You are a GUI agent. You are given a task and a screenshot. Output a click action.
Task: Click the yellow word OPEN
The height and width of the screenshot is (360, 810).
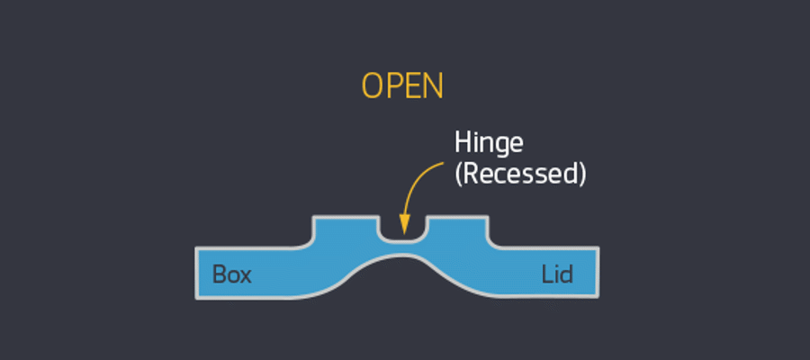point(402,85)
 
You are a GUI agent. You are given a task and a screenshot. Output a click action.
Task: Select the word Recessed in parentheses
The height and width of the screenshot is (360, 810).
point(521,174)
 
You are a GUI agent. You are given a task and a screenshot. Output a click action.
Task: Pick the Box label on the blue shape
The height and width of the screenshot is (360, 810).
point(231,274)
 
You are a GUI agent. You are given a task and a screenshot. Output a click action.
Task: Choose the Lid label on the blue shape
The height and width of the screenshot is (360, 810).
point(557,274)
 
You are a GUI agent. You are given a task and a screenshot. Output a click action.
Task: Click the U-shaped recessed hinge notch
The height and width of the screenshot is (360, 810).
point(402,229)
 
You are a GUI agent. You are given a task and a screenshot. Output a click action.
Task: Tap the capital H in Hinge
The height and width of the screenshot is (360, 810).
point(462,142)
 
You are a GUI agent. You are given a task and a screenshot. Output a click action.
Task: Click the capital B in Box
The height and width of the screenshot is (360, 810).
point(219,274)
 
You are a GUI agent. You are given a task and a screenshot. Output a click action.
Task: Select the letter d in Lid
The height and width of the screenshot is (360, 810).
point(568,274)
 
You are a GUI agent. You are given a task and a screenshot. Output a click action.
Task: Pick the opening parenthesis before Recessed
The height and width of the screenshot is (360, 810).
point(458,174)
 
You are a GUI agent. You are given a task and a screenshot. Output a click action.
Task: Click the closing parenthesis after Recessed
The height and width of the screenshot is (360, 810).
point(582,174)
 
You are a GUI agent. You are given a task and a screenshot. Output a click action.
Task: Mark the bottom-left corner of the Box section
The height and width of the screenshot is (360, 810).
point(197,296)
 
